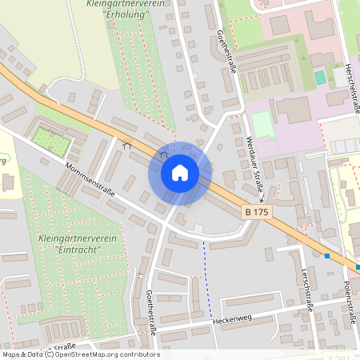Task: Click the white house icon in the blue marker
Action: pyautogui.click(x=180, y=172)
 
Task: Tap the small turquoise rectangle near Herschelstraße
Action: pyautogui.click(x=320, y=78)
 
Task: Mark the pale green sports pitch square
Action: pyautogui.click(x=262, y=123)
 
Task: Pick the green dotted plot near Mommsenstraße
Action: pyautogui.click(x=51, y=143)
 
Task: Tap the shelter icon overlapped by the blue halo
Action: pyautogui.click(x=164, y=154)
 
